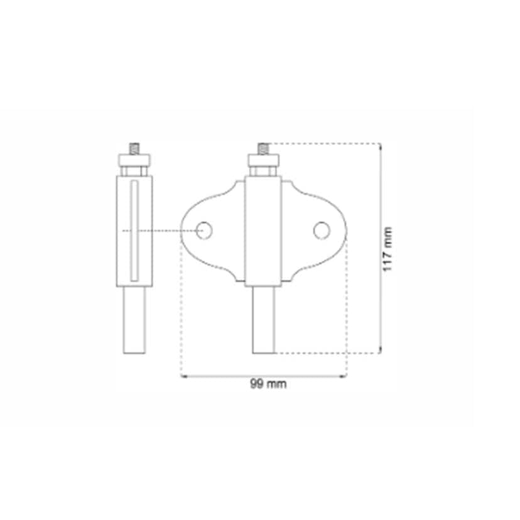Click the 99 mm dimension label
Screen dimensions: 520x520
[268, 384]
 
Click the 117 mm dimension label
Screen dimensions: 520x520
[387, 249]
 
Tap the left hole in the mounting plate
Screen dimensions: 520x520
[204, 230]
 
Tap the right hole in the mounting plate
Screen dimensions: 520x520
[322, 230]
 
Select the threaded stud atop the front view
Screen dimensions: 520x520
[263, 149]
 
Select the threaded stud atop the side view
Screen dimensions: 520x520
[133, 149]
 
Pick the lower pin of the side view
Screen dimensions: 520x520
[133, 320]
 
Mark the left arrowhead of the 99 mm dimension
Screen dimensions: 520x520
[183, 377]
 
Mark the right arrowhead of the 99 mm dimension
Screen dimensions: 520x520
[344, 377]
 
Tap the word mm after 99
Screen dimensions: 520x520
[276, 384]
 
